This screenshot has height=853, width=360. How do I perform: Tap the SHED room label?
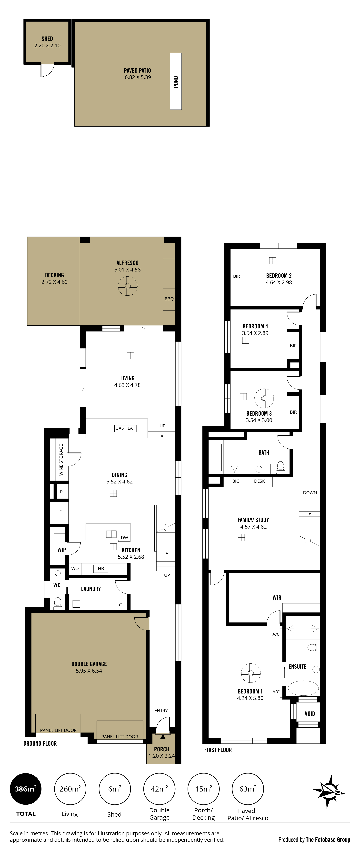[x=47, y=39]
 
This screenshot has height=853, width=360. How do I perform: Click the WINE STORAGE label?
[x=61, y=460]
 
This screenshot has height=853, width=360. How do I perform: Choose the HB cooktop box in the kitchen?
[x=101, y=569]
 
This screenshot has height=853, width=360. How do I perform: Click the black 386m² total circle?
[x=26, y=789]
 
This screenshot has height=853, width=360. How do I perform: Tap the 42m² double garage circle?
[x=159, y=789]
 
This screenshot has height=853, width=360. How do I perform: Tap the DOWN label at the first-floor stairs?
[x=310, y=493]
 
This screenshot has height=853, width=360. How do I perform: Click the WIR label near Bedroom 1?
[x=277, y=598]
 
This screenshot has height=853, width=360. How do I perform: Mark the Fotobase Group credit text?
[x=314, y=839]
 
